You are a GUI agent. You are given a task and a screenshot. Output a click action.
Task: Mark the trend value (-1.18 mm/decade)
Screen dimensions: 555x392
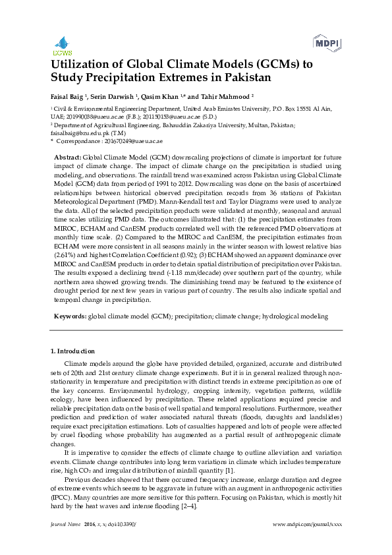pyautogui.click(x=173, y=272)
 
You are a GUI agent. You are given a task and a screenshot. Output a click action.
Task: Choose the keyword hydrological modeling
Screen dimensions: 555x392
pyautogui.click(x=294, y=316)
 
